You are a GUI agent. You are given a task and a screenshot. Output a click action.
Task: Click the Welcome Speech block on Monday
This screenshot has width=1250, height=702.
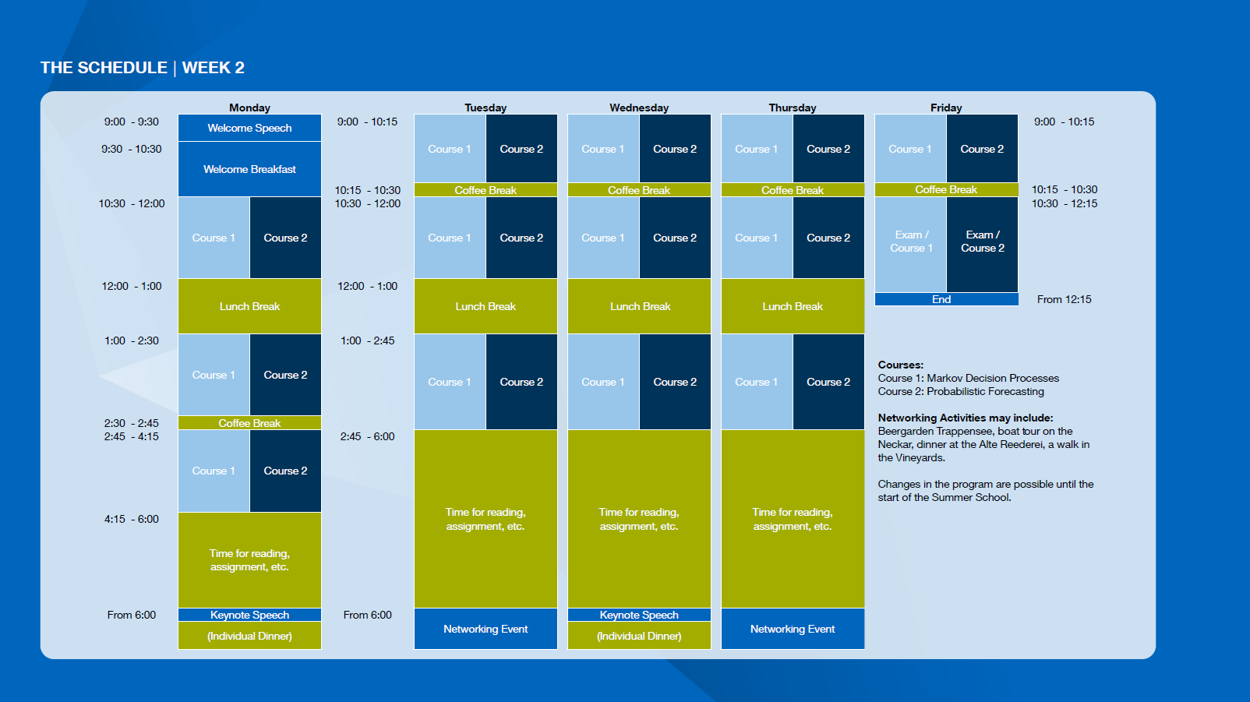[249, 128]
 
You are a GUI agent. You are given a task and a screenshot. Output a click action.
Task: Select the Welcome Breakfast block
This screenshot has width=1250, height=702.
[249, 169]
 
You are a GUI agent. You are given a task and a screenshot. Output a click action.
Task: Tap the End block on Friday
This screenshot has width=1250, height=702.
[946, 300]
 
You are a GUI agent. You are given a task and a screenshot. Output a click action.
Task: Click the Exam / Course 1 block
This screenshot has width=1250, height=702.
[910, 245]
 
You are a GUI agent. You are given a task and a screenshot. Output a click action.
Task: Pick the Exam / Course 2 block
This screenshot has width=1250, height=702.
[982, 245]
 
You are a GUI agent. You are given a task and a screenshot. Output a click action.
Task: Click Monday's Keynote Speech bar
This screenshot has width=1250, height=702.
[249, 615]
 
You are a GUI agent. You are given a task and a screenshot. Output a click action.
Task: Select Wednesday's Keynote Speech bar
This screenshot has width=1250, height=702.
[639, 615]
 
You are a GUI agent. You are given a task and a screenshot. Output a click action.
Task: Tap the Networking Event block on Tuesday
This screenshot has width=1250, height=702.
[486, 629]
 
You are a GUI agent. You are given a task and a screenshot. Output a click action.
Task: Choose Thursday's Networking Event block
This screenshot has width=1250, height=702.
[793, 629]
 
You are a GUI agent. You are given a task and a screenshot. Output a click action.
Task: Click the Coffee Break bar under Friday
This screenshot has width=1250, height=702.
[946, 190]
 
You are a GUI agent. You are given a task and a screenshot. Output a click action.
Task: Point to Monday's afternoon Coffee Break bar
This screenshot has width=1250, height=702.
[249, 423]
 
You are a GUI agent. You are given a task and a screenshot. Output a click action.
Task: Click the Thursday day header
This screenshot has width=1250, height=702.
[793, 108]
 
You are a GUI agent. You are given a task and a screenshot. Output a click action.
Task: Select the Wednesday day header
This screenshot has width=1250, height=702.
[639, 108]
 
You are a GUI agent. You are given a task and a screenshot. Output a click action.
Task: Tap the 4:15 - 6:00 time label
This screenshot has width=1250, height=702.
[131, 519]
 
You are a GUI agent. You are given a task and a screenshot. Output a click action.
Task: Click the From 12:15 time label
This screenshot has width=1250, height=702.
[1065, 300]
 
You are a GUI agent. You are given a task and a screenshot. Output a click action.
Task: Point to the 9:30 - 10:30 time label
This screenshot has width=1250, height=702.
[131, 149]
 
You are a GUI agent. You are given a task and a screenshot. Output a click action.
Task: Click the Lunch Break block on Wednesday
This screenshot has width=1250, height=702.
[639, 306]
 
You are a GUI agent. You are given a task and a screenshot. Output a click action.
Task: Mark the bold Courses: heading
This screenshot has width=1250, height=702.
[901, 365]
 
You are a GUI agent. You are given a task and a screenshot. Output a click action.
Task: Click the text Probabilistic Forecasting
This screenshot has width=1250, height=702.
[986, 392]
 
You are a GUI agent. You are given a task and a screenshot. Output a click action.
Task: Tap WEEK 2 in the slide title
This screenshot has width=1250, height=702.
[214, 68]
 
